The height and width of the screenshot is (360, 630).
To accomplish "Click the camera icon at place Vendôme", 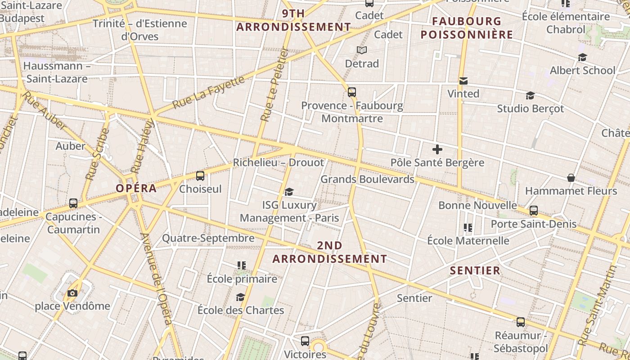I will click(x=72, y=293).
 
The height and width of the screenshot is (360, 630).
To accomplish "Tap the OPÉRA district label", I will click(x=136, y=188).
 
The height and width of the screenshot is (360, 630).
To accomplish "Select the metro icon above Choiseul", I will click(x=200, y=176).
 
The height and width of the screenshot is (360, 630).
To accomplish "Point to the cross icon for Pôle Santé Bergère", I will click(x=437, y=149).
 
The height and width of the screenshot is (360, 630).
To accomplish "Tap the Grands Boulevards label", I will click(x=367, y=179).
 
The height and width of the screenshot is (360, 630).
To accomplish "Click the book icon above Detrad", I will click(x=362, y=50).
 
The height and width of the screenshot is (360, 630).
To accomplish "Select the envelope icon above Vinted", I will click(x=463, y=81).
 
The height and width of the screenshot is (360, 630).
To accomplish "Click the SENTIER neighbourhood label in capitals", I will click(x=475, y=270).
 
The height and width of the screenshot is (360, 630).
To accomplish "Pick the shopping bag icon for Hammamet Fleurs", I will click(x=571, y=178).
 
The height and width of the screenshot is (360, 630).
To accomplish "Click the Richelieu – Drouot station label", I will click(x=278, y=162).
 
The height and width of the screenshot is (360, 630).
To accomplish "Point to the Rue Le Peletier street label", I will click(x=274, y=85).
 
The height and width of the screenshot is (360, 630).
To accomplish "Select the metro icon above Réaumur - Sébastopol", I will click(x=520, y=322).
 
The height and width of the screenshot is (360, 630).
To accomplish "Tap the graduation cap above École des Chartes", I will click(x=240, y=297).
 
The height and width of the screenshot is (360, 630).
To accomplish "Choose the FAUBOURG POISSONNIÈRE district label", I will click(x=467, y=28).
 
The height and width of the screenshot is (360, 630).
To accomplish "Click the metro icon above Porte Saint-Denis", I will click(x=533, y=211).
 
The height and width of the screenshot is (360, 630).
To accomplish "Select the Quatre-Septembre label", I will click(x=208, y=238).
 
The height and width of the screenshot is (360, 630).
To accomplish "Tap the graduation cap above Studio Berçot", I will click(x=530, y=96).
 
